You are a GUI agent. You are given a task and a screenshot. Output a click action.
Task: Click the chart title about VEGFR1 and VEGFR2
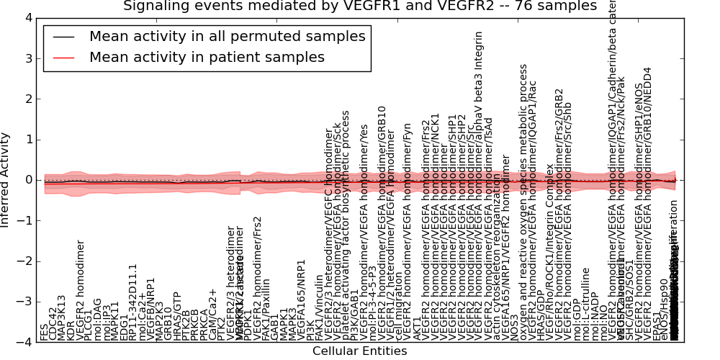pyautogui.click(x=360, y=6)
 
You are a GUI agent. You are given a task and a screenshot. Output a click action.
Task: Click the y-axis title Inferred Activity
pyautogui.click(x=6, y=180)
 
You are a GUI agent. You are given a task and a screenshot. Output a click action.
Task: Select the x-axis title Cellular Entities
pyautogui.click(x=359, y=351)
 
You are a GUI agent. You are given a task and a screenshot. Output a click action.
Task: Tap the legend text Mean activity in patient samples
pyautogui.click(x=207, y=57)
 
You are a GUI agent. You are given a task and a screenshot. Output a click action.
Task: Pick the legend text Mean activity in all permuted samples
pyautogui.click(x=227, y=37)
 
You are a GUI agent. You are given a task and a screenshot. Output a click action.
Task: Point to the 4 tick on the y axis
pyautogui.click(x=27, y=18)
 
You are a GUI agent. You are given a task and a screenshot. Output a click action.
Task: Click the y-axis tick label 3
pyautogui.click(x=27, y=58)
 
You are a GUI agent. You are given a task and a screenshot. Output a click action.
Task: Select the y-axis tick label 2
pyautogui.click(x=27, y=99)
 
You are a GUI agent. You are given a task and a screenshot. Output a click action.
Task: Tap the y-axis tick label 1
pyautogui.click(x=27, y=140)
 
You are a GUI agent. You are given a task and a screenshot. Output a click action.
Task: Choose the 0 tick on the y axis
pyautogui.click(x=27, y=180)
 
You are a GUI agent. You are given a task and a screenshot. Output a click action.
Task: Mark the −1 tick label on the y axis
pyautogui.click(x=24, y=221)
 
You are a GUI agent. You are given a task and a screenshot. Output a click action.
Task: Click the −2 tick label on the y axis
pyautogui.click(x=24, y=261)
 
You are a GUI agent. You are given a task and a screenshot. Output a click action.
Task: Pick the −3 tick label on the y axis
pyautogui.click(x=24, y=302)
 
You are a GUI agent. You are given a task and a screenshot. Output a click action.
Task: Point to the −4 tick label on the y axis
pyautogui.click(x=24, y=343)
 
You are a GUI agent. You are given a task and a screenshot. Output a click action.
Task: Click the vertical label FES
pyautogui.click(x=45, y=332)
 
